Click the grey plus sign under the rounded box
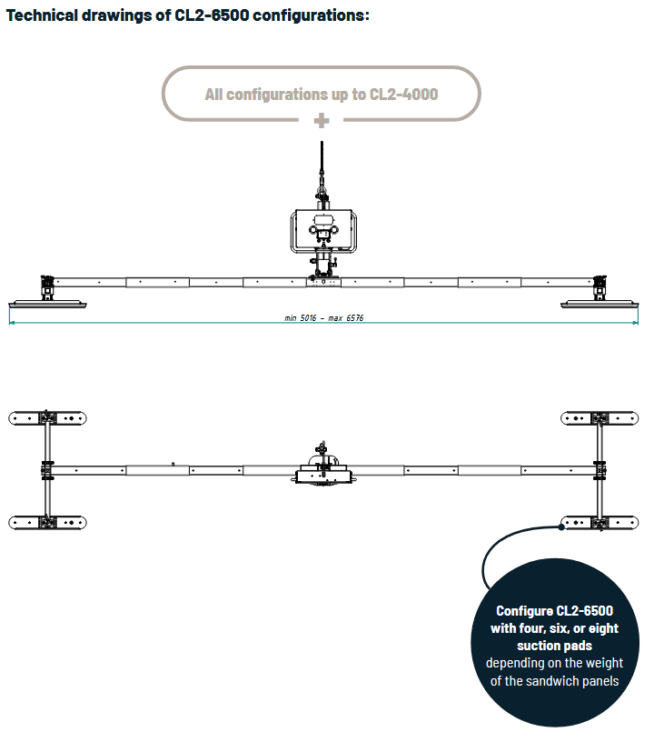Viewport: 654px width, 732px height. (322, 121)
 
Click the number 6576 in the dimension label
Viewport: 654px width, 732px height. (354, 318)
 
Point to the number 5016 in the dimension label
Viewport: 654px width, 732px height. (308, 318)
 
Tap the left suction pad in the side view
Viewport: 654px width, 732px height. (47, 305)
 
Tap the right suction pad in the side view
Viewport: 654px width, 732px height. (599, 305)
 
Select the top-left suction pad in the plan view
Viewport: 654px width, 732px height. (47, 417)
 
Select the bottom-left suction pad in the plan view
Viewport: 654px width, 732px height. (47, 522)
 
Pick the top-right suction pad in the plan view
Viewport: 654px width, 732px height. (599, 417)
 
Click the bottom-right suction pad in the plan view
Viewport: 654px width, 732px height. (599, 522)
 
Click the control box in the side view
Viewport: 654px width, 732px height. (323, 231)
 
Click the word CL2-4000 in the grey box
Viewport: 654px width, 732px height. (403, 95)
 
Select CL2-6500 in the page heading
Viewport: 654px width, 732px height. (212, 15)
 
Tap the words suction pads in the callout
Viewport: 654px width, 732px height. (555, 646)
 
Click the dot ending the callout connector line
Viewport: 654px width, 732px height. (561, 527)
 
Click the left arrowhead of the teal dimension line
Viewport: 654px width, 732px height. (11, 322)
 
